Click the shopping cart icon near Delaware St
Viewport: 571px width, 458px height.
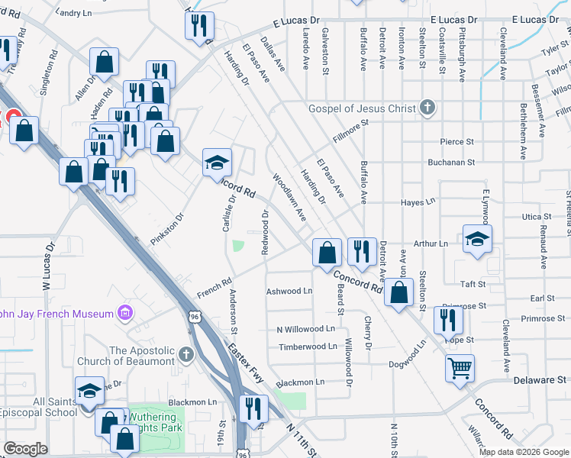460,369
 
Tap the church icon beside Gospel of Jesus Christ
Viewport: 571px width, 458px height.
427,108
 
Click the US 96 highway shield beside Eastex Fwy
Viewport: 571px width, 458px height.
196,316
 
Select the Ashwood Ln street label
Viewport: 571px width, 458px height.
289,291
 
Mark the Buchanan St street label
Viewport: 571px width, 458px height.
450,163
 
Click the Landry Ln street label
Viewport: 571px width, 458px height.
73,13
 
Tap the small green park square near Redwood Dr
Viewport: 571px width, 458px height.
237,246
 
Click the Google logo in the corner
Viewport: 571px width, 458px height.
25,450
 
